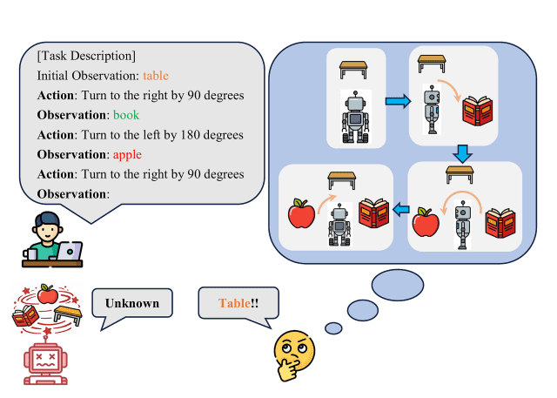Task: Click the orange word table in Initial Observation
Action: (156, 76)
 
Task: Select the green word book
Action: (126, 115)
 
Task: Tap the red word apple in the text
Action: (127, 155)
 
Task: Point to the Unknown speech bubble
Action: (132, 305)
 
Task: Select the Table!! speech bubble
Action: (238, 305)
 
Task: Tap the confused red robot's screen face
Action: (45, 361)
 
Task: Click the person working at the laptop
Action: (52, 239)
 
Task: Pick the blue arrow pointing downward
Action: (462, 153)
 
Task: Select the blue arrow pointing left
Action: (401, 209)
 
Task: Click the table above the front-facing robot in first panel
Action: (353, 70)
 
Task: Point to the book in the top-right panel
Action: (478, 111)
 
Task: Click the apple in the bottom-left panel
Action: (301, 213)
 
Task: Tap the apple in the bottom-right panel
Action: (426, 222)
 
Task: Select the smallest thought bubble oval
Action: (333, 328)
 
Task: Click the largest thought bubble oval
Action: (398, 285)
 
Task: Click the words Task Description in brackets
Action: (86, 56)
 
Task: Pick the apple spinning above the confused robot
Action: (48, 294)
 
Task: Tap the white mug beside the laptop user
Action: (30, 254)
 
